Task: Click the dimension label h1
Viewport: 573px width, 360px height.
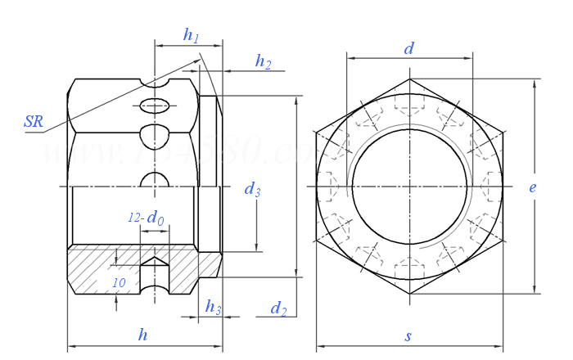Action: pyautogui.click(x=192, y=35)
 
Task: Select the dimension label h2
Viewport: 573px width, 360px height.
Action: pyautogui.click(x=263, y=61)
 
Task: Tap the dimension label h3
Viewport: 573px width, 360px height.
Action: pyautogui.click(x=213, y=308)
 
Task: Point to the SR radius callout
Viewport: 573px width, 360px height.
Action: pyautogui.click(x=34, y=122)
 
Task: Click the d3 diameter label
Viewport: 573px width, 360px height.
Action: pyautogui.click(x=253, y=191)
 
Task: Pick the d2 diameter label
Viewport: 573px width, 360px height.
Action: pyautogui.click(x=279, y=308)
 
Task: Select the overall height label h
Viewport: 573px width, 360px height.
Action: pyautogui.click(x=143, y=334)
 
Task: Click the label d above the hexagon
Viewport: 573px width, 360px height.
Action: pyautogui.click(x=409, y=48)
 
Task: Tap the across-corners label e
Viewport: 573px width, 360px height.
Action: pyautogui.click(x=532, y=187)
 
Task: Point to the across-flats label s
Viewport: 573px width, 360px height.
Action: pyautogui.click(x=408, y=336)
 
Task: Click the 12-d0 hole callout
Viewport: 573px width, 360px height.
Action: pyautogui.click(x=146, y=218)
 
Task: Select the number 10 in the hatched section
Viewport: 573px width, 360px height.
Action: pyautogui.click(x=119, y=282)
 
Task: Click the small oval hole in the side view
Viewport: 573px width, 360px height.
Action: pyautogui.click(x=155, y=106)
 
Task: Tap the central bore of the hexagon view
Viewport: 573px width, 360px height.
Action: pyautogui.click(x=409, y=187)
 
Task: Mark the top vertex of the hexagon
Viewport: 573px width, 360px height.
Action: pyautogui.click(x=409, y=80)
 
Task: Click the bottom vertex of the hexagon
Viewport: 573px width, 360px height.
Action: pyautogui.click(x=409, y=293)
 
